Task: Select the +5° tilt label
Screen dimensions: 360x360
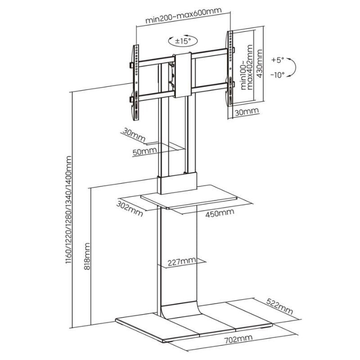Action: (278, 59)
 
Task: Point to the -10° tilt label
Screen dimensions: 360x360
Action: (278, 75)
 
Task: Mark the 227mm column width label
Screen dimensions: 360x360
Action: (182, 261)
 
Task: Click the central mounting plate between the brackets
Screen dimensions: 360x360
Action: (183, 75)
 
